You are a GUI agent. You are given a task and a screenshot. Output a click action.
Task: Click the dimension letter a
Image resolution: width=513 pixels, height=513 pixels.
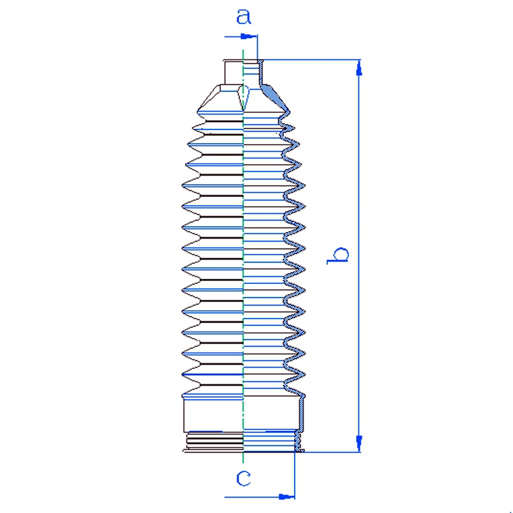pos(244,17)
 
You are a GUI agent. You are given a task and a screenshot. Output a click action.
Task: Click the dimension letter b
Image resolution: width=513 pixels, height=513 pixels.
pos(338,255)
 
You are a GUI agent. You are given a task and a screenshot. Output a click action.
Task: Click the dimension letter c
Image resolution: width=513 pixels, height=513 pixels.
pos(243,479)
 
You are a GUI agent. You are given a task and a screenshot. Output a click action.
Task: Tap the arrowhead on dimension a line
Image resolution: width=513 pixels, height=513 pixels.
pos(249,36)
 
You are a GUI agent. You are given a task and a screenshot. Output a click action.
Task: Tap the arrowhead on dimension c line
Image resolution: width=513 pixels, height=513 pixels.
pos(287,497)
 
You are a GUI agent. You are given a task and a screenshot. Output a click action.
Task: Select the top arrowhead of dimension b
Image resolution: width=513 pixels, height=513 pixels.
pos(359,69)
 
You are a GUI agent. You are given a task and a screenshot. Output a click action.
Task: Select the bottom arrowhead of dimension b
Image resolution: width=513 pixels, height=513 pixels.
pos(359,443)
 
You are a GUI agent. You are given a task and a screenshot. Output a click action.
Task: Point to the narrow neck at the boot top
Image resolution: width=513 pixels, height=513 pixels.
pos(243,72)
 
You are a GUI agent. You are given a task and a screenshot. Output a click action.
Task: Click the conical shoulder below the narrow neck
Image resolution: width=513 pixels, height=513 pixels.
pos(243,98)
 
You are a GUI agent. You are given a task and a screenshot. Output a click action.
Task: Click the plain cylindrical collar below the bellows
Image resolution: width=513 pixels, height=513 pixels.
pos(243,415)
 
